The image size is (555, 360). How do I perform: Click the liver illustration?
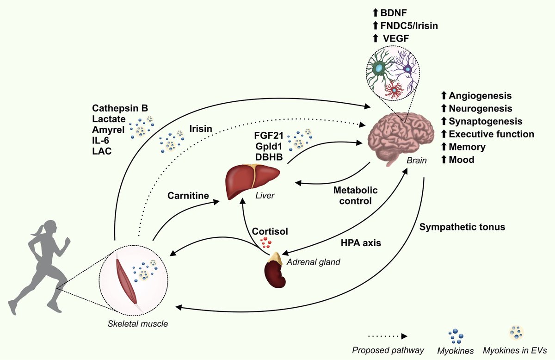click(253, 181)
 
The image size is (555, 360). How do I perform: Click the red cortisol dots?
click(265, 242)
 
